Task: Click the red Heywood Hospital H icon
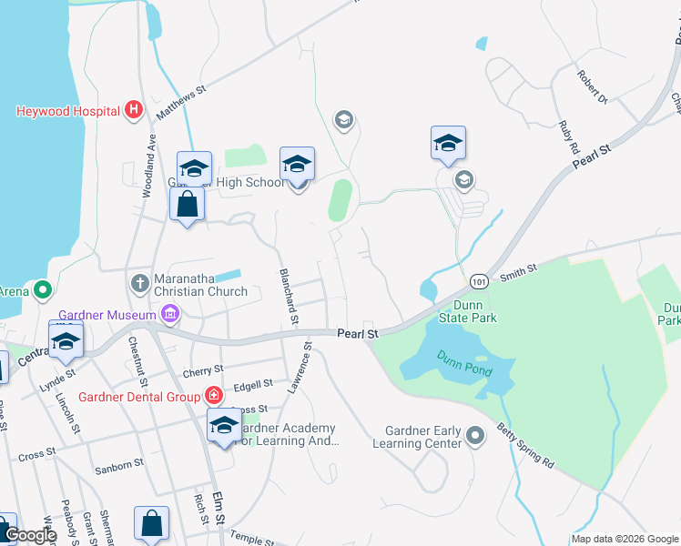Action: tap(134, 111)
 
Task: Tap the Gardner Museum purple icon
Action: tap(169, 315)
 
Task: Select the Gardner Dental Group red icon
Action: tap(213, 396)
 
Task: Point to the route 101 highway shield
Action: tap(481, 282)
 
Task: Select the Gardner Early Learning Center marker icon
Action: tap(474, 437)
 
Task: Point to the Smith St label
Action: tap(519, 270)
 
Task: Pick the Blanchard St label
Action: tap(288, 296)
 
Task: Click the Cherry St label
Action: tap(203, 370)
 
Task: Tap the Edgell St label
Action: tap(254, 385)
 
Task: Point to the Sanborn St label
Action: tap(119, 463)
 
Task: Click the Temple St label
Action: tap(252, 537)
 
